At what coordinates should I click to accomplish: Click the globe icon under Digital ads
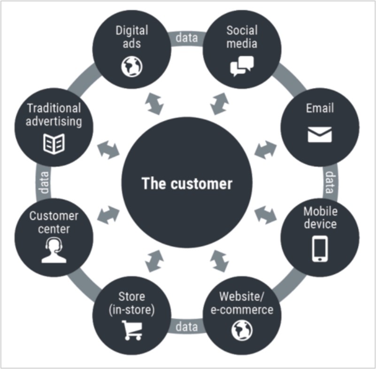click(131, 68)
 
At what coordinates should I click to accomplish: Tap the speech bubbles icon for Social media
click(242, 66)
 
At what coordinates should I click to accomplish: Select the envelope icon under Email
click(320, 134)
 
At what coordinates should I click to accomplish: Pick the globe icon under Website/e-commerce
click(242, 331)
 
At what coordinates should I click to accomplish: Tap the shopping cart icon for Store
click(132, 330)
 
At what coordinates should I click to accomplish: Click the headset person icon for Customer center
click(54, 251)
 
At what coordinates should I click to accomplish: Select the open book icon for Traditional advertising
click(54, 143)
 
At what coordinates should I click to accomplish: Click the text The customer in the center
click(187, 183)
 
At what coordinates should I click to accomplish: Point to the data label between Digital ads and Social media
click(186, 38)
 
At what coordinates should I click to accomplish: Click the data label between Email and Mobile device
click(330, 183)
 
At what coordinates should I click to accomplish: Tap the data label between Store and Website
click(186, 326)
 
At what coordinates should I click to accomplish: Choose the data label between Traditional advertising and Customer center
click(44, 183)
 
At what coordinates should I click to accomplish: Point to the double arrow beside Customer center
click(108, 215)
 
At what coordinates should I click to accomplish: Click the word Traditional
click(54, 108)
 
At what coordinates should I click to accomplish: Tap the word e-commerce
click(246, 310)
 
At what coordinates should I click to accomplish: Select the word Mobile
click(320, 211)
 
